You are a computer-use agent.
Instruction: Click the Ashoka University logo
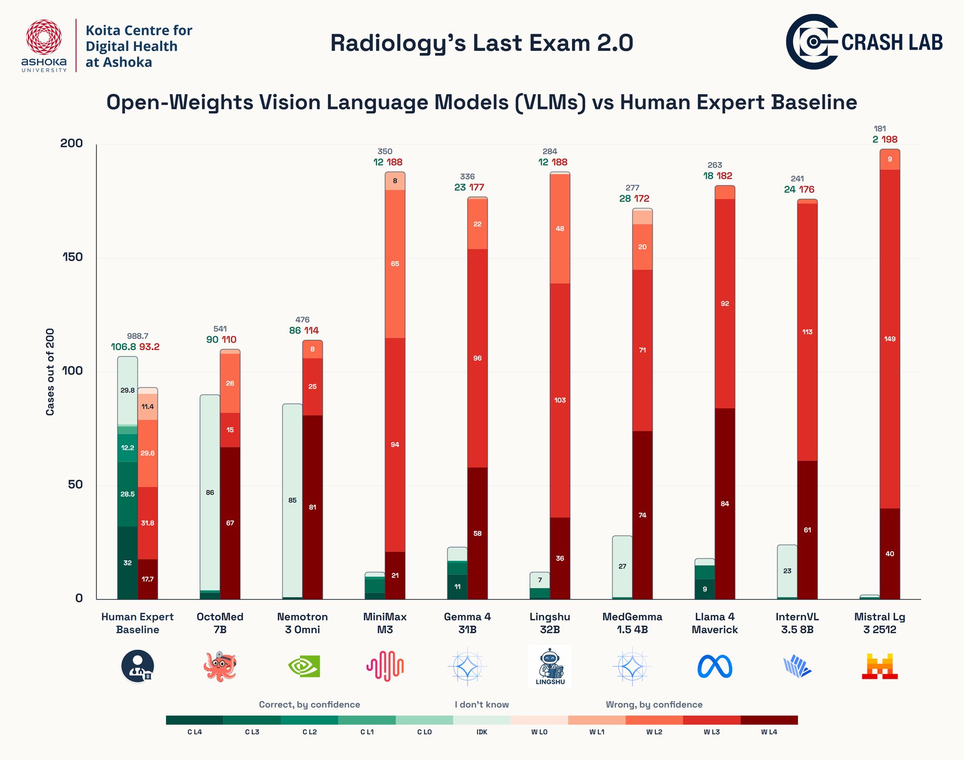coord(44,45)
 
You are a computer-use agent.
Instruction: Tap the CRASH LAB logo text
coord(892,42)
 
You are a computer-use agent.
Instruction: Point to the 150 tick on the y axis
coord(72,257)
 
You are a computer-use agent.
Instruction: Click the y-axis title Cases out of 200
coord(50,372)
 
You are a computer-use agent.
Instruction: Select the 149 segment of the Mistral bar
coord(890,339)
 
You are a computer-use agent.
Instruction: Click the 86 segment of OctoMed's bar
coord(210,492)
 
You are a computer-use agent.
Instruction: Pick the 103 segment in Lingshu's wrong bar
coord(560,400)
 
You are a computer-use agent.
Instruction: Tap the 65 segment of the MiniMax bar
coord(395,264)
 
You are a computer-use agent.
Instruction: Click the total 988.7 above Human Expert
coord(138,336)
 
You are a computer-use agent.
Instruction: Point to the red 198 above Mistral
coord(890,140)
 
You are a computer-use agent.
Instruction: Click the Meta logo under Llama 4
coord(714,666)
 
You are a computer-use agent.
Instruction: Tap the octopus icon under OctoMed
coord(220,666)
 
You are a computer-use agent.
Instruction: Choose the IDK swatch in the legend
coord(482,720)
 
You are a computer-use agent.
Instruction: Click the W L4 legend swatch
coord(769,720)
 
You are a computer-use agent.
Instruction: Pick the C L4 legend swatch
coord(194,720)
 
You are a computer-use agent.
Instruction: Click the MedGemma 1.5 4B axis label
coord(632,623)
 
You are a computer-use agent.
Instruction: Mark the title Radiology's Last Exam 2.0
coord(481,43)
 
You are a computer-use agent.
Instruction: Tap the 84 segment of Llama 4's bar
coord(725,504)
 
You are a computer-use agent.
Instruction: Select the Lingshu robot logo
coord(550,666)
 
